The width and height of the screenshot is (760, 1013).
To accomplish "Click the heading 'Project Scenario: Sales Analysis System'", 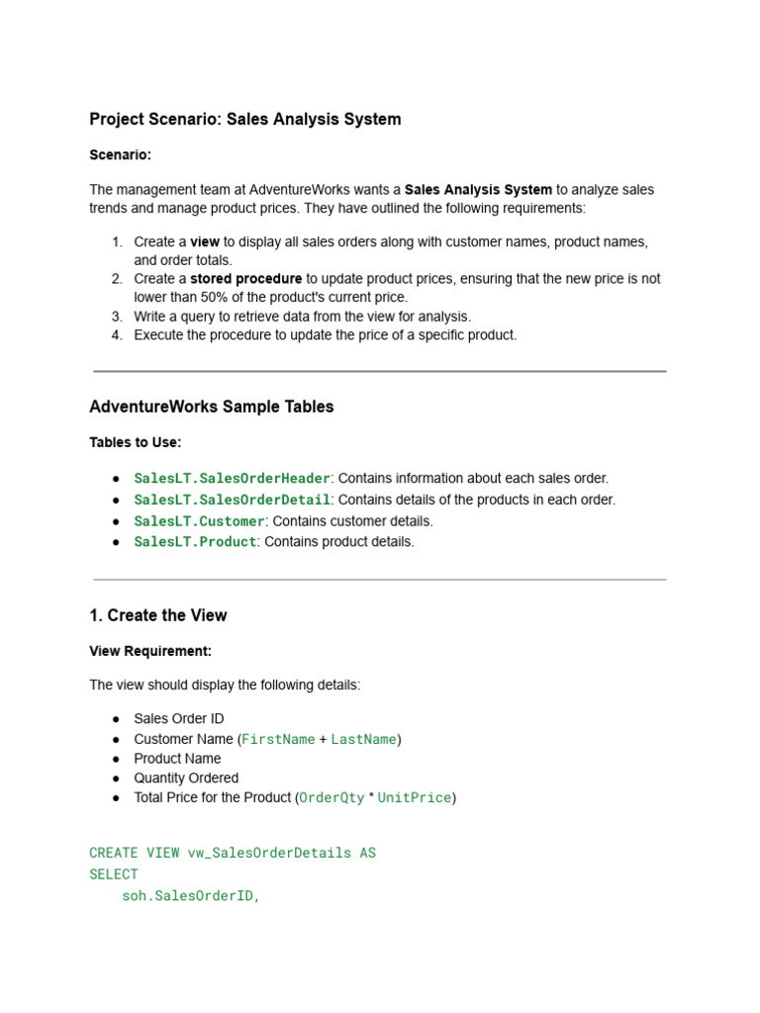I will pos(245,120).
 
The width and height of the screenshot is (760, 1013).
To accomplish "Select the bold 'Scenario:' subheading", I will pos(120,155).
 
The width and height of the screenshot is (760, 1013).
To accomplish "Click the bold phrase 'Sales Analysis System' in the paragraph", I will pos(478,189).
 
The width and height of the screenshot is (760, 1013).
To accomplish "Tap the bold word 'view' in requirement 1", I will pos(205,242).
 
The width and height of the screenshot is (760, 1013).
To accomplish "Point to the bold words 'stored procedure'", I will pos(245,279).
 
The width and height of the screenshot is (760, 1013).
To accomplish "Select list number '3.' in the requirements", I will pos(117,317).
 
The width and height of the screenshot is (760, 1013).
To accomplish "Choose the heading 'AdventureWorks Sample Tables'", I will pos(212,407).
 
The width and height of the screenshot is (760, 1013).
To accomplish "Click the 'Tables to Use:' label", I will pos(136,442).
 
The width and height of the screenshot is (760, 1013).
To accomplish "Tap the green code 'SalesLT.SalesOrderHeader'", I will pos(232,479).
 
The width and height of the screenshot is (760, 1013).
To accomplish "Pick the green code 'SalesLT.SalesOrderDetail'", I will pos(232,501).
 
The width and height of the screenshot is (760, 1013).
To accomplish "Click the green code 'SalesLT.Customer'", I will pos(199,521).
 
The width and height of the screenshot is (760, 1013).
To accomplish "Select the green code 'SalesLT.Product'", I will pos(195,542).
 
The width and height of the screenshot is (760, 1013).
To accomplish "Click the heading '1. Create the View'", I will pos(158,615).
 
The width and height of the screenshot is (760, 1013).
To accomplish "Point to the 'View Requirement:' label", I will pos(150,651).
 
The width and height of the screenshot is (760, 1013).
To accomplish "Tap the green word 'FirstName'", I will pos(278,739).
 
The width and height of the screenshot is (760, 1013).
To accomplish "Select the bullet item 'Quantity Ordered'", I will pos(186,779).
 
